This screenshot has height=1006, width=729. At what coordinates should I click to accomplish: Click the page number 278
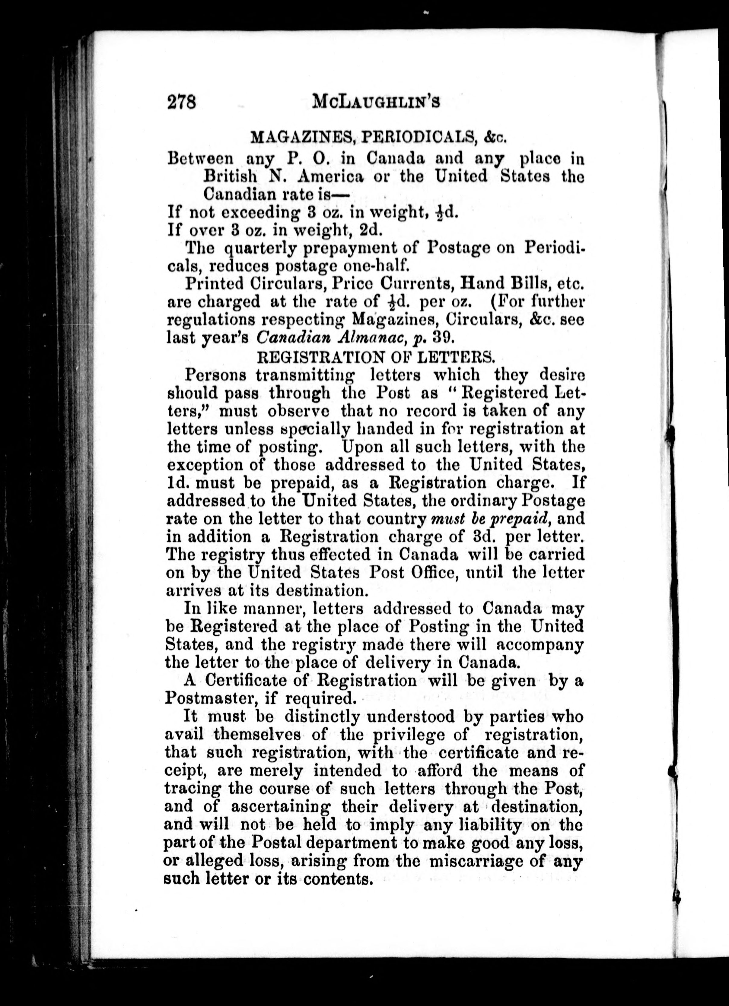(x=181, y=103)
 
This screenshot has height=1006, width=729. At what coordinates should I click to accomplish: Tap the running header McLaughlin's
(x=375, y=103)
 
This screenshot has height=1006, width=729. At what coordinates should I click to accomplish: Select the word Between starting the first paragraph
(x=200, y=158)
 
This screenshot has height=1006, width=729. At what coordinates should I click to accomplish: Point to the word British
(x=230, y=176)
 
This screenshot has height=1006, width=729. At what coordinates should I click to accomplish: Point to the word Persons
(x=215, y=375)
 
